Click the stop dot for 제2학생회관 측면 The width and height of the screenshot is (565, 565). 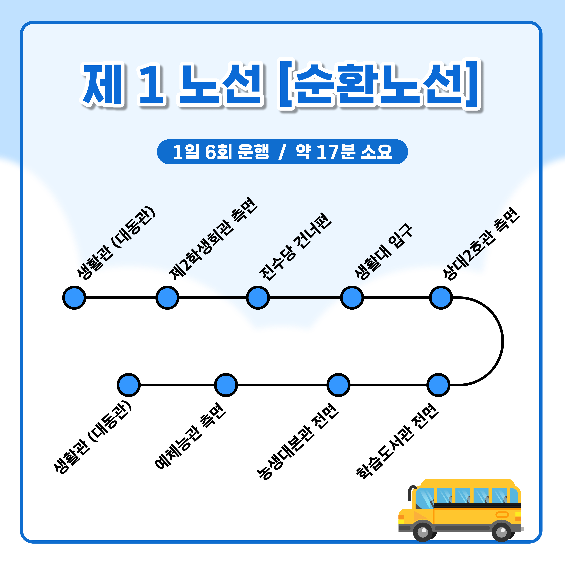coord(167,298)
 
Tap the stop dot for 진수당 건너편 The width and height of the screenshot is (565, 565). coord(258,298)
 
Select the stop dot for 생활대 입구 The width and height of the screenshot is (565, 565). coord(352,298)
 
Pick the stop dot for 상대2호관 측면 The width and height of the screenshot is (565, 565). coord(441,298)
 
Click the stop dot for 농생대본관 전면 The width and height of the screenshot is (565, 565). coord(338,385)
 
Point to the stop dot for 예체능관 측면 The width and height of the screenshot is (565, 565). coord(226,385)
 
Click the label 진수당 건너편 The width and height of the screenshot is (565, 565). coord(295,247)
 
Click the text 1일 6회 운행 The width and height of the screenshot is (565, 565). coord(221,152)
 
